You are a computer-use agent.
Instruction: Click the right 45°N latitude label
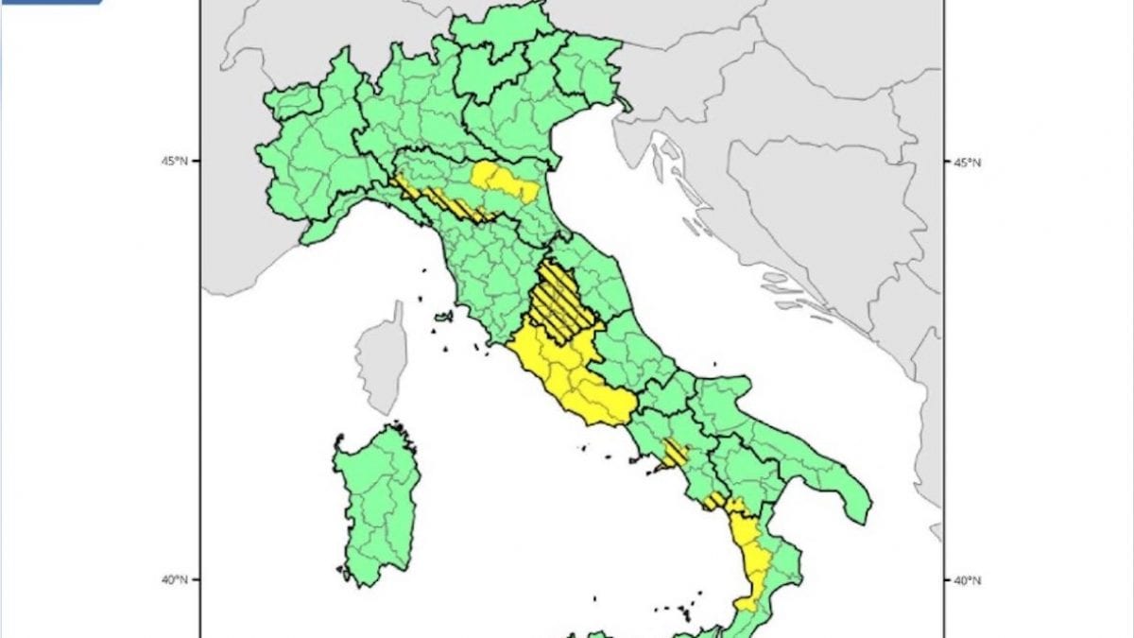[x=966, y=162]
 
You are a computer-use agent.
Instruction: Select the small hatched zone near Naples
[x=675, y=454]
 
